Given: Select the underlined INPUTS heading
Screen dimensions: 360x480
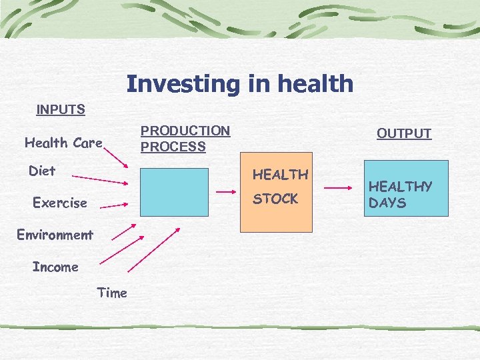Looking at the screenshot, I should [61, 109].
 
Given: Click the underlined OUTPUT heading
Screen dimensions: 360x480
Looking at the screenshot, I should [404, 133].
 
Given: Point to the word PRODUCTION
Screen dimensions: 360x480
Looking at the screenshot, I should [185, 131].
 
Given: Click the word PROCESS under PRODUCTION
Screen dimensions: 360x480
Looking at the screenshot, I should [173, 147].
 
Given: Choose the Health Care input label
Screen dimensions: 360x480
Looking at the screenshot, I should [63, 143].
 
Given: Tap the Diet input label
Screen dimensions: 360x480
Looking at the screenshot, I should [42, 171].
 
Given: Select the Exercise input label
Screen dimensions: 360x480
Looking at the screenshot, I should [60, 203].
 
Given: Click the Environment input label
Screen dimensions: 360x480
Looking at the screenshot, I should [55, 235].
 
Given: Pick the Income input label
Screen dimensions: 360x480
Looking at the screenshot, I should [55, 267].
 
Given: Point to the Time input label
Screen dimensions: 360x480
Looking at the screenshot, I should [112, 293].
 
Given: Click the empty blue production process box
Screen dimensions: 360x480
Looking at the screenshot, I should [174, 192].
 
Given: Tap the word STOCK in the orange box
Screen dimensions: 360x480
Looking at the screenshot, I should [275, 199].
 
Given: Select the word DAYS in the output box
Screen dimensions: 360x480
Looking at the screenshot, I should [387, 203].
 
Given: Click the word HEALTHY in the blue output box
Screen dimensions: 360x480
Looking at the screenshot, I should [401, 187].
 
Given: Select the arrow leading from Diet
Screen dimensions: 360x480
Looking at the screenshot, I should [101, 179].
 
